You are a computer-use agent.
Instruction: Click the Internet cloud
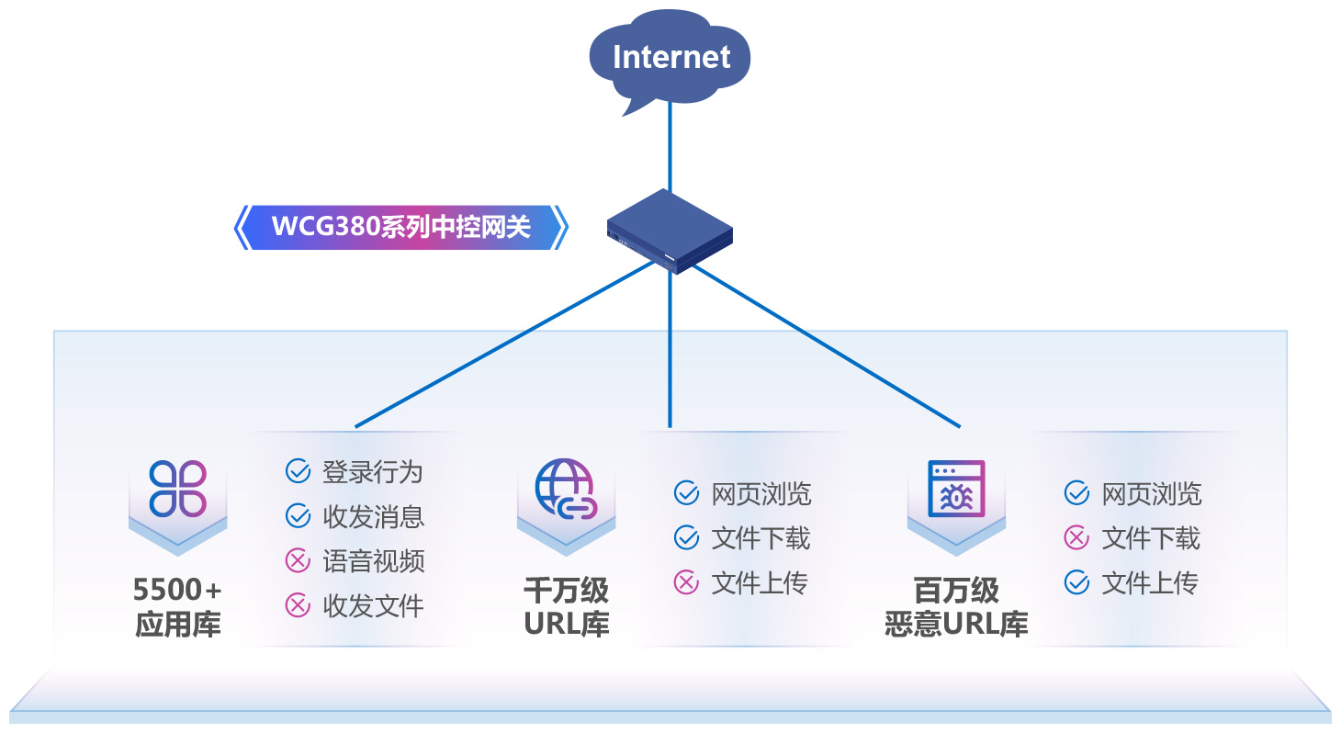670,57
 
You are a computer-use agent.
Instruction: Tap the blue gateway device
670,230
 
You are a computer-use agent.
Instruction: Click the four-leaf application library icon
177,488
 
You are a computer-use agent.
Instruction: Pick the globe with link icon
566,488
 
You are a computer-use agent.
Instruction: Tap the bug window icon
955,488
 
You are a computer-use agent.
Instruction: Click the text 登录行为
373,472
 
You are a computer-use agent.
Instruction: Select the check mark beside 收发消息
298,516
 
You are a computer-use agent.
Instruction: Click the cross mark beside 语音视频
298,560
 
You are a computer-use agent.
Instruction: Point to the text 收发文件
373,605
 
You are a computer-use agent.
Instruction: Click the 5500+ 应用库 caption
177,607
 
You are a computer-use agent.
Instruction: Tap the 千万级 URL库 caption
566,607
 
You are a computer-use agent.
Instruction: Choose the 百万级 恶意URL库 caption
955,607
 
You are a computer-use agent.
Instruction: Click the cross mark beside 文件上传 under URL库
686,582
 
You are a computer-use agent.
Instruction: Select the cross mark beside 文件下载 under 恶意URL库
1076,538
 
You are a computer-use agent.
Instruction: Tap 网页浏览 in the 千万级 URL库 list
761,494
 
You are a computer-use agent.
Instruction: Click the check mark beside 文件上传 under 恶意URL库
1076,582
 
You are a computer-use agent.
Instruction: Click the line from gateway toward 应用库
505,344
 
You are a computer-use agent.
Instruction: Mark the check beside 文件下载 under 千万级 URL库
686,538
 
